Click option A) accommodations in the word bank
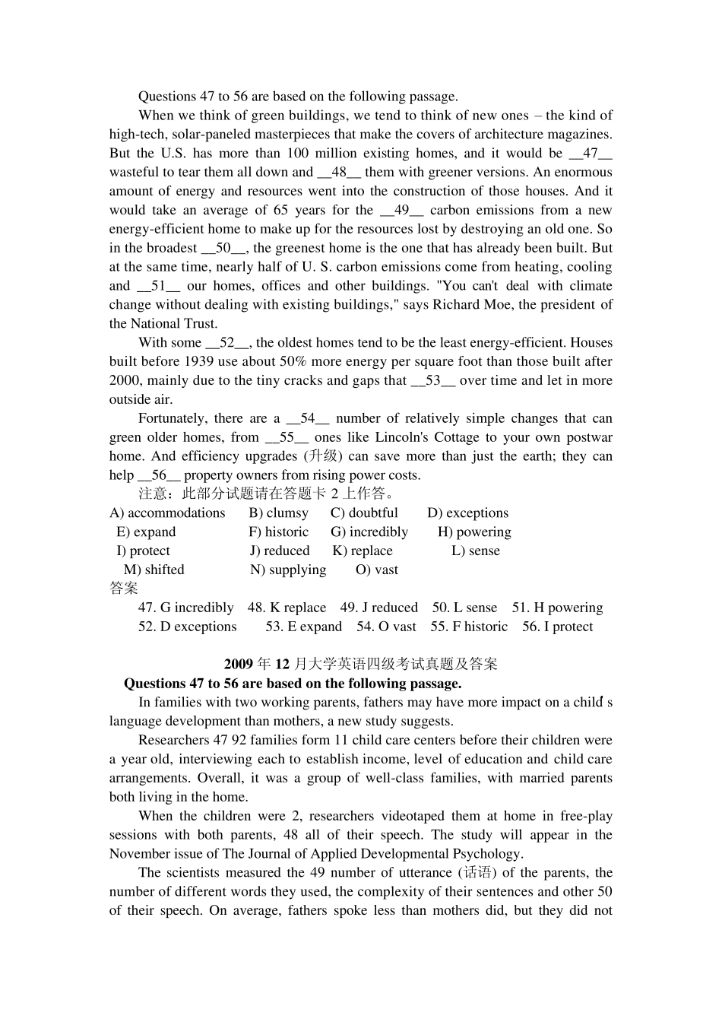(x=167, y=513)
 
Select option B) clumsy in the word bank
(x=278, y=513)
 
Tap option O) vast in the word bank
(x=376, y=570)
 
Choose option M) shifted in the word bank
(x=154, y=570)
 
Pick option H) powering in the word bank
(x=474, y=532)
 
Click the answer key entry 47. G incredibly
(x=185, y=608)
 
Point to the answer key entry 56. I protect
(x=557, y=627)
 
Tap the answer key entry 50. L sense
(x=464, y=608)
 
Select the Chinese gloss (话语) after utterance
(x=477, y=873)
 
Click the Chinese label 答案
(x=123, y=589)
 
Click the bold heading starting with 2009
(x=360, y=664)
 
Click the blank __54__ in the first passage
(x=307, y=418)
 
